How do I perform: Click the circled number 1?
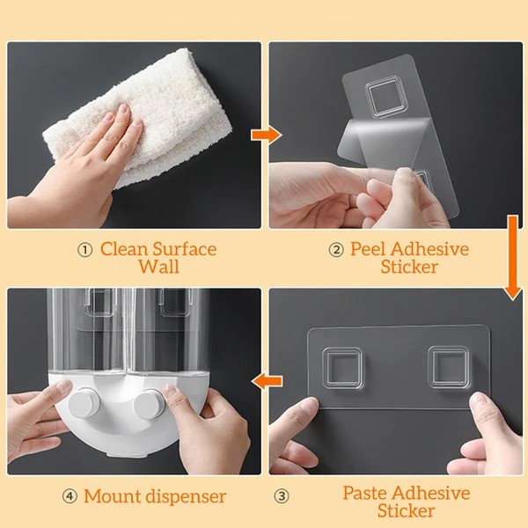tap(84, 250)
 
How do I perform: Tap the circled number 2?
tap(336, 250)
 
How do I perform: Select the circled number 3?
tap(282, 496)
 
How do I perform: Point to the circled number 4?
tap(70, 496)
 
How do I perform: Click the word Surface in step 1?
tap(185, 250)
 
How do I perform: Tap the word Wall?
tap(159, 267)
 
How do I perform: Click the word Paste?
tap(365, 493)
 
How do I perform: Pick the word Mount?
tap(111, 496)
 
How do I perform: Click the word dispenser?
tap(184, 496)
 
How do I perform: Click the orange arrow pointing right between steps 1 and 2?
tap(266, 135)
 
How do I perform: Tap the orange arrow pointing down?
tap(513, 258)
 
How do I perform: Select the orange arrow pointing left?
tap(267, 381)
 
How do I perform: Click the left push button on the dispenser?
tap(84, 403)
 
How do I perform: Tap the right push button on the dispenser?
tap(149, 404)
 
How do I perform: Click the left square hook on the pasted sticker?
tap(342, 369)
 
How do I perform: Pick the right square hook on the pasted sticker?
tap(448, 367)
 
